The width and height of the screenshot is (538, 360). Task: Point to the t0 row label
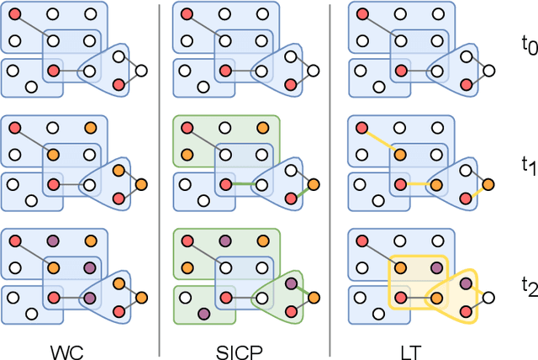[527, 46]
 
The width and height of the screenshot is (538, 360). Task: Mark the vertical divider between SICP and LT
[329, 168]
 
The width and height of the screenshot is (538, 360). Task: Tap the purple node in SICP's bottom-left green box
[203, 314]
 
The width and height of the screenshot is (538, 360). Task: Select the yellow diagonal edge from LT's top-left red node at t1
[382, 141]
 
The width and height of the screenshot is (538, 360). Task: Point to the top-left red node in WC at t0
[14, 14]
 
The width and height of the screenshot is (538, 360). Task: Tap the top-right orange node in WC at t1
[91, 128]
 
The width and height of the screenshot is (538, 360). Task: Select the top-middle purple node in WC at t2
[52, 241]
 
